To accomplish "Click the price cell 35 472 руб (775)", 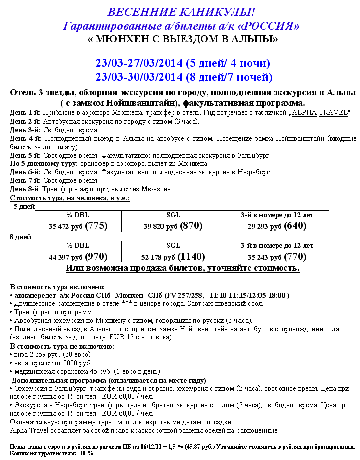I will (78, 226).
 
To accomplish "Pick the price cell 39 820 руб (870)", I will (173, 226).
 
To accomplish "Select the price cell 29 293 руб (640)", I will (277, 226).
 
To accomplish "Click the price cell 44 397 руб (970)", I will (78, 257).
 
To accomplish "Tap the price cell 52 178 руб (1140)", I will (173, 257).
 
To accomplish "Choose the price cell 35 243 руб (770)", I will (277, 257).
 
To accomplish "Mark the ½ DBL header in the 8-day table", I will (78, 246).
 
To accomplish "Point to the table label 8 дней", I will (20, 237).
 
